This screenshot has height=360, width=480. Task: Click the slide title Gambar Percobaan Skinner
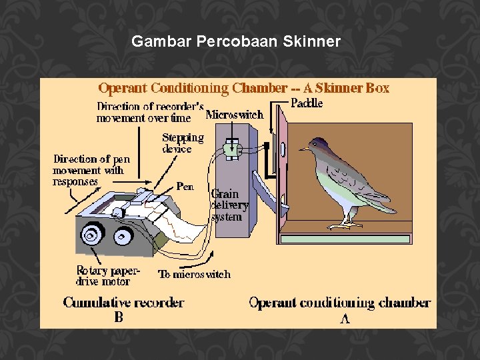236,42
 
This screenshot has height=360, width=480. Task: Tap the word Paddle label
307,103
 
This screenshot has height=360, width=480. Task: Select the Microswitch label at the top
235,115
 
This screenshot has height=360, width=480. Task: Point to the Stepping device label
183,143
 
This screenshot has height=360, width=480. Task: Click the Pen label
185,186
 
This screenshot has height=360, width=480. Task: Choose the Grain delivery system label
229,205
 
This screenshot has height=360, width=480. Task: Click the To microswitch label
194,274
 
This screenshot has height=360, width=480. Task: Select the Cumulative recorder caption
123,303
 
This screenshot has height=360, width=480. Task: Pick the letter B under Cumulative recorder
119,317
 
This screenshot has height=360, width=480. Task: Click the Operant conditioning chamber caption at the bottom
339,303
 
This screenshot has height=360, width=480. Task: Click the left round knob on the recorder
89,235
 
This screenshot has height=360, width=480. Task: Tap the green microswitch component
231,149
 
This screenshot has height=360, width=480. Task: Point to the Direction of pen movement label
91,169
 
